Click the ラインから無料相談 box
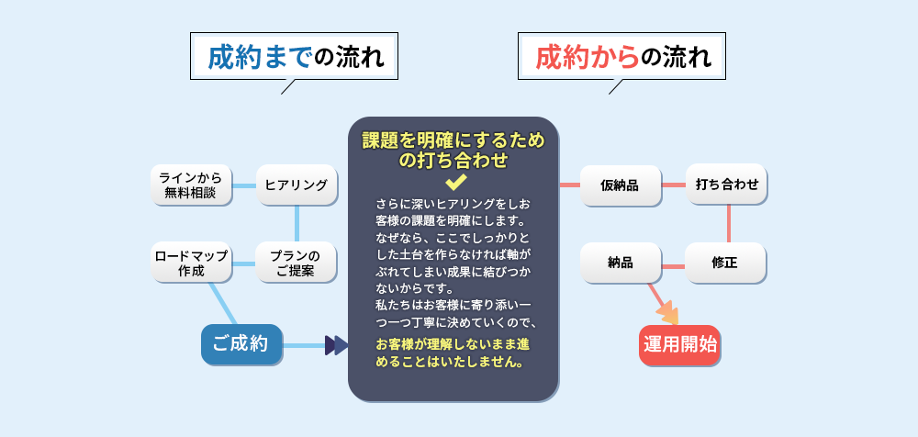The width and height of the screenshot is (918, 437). [x=190, y=185]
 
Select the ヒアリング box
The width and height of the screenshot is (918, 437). [x=296, y=185]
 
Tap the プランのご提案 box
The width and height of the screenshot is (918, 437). [x=296, y=263]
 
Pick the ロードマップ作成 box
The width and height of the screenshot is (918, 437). [x=190, y=263]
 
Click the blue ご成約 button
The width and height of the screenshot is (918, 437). [x=241, y=345]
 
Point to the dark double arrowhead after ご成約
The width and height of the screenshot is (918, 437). [x=336, y=345]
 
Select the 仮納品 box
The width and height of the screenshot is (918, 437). [x=620, y=185]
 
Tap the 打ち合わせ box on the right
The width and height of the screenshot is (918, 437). [x=726, y=184]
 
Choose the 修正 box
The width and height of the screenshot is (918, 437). [x=725, y=263]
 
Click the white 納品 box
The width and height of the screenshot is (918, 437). [x=620, y=263]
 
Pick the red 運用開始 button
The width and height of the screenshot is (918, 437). [x=679, y=345]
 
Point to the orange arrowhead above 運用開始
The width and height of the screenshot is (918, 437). [x=669, y=315]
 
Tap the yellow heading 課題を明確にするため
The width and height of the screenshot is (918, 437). [x=453, y=140]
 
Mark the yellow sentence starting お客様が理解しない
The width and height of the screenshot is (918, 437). [x=453, y=353]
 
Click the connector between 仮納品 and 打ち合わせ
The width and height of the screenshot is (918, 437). [x=674, y=185]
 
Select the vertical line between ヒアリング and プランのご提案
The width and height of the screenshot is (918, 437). [x=297, y=223]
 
